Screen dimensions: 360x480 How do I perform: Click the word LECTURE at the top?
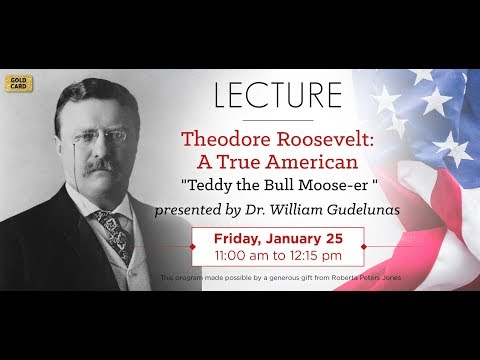tap(279, 96)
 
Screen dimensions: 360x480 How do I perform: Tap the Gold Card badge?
tap(16, 83)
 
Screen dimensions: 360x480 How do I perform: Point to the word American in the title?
tap(307, 163)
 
